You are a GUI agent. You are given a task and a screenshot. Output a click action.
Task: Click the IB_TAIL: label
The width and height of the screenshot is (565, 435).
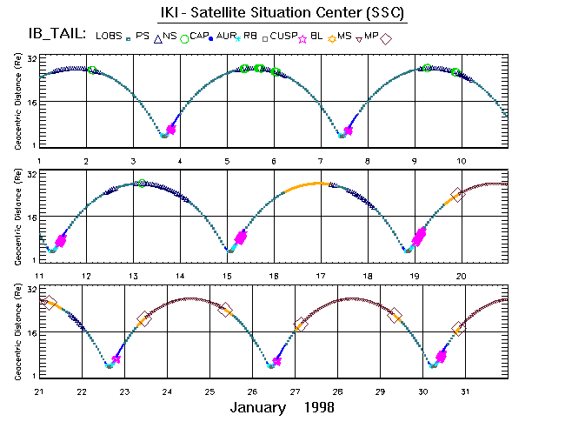coord(56,34)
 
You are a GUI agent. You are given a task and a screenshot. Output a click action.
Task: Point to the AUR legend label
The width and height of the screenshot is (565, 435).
coord(224,36)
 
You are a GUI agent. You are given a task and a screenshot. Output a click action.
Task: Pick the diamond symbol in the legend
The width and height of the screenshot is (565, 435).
coord(386,37)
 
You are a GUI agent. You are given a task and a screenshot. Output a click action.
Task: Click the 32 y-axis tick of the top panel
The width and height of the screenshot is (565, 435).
coord(31,58)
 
